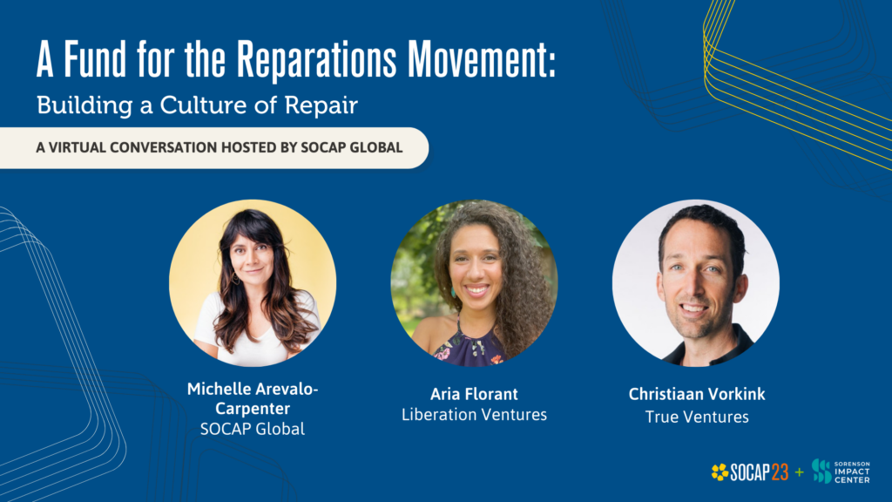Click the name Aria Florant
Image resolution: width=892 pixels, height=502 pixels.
click(474, 394)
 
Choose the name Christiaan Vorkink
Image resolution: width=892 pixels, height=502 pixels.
click(696, 394)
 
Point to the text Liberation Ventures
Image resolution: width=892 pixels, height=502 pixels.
click(474, 415)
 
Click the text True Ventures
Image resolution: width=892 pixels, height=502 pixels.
click(696, 417)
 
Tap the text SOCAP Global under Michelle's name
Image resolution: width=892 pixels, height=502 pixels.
click(253, 429)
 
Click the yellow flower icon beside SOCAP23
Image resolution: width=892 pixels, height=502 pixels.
click(720, 472)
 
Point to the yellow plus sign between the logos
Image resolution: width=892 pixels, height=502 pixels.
click(800, 472)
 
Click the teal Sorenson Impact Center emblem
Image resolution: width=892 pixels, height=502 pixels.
click(821, 471)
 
